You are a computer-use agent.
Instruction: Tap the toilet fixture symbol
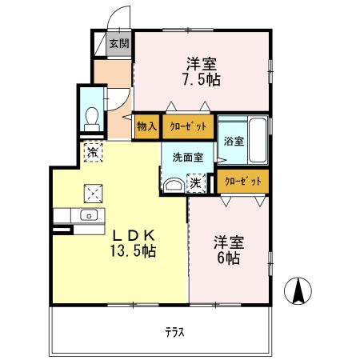point(91,118)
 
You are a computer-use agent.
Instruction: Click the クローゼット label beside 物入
point(187,126)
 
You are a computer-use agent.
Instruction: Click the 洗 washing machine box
point(195,183)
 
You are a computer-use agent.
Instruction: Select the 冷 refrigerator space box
point(94,152)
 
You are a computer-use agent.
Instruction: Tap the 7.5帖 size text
point(201,80)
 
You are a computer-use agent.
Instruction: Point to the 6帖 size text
point(227,258)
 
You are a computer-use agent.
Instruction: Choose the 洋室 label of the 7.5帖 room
point(201,63)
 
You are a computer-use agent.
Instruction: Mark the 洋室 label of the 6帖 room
point(227,242)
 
